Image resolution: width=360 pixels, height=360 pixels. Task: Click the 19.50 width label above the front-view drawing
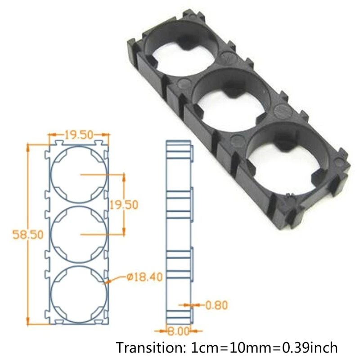(79, 135)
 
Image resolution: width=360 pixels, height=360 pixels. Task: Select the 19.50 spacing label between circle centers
(124, 204)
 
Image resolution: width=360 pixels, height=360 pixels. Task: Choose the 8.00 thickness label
(178, 332)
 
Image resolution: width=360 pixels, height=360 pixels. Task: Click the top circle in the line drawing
(79, 175)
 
